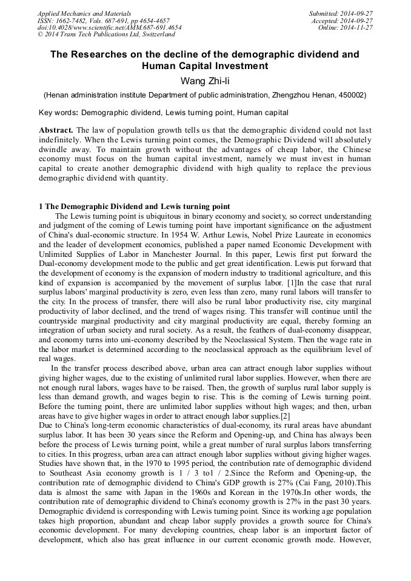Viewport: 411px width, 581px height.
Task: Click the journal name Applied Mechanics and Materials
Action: [x=84, y=13]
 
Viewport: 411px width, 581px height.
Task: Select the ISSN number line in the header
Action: [x=103, y=21]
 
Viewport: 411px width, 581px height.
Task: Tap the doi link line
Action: [x=109, y=28]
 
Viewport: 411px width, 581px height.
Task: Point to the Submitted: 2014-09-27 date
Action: [x=341, y=13]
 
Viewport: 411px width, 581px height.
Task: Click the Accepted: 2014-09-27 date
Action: [x=343, y=21]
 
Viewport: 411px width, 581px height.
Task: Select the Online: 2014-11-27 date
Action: [x=346, y=28]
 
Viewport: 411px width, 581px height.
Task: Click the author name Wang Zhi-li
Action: [x=205, y=81]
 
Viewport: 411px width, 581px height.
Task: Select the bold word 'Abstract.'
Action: [x=56, y=130]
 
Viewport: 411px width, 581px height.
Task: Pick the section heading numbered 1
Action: [x=134, y=207]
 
